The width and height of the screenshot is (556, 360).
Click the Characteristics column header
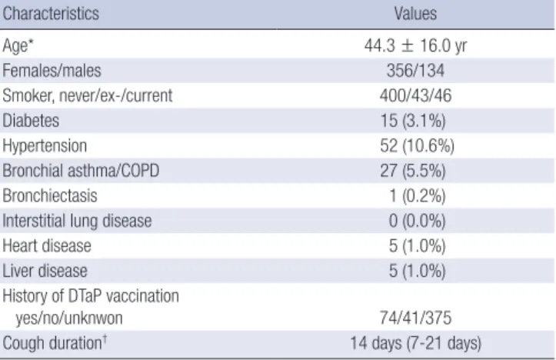pyautogui.click(x=51, y=14)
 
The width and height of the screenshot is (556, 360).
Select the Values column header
pyautogui.click(x=415, y=14)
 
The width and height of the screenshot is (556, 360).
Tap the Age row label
pyautogui.click(x=18, y=45)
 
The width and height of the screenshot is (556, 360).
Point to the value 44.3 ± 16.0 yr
pyautogui.click(x=415, y=45)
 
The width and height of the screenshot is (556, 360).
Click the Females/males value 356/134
pyautogui.click(x=415, y=70)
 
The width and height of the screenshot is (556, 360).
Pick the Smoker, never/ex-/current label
pyautogui.click(x=87, y=95)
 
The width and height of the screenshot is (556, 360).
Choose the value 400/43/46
pyautogui.click(x=415, y=95)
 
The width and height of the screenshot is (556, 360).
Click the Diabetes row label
pyautogui.click(x=31, y=121)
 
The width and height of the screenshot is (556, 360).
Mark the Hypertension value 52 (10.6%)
pyautogui.click(x=417, y=146)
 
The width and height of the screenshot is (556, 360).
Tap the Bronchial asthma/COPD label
pyautogui.click(x=81, y=171)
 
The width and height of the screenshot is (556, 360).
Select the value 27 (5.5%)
pyautogui.click(x=413, y=171)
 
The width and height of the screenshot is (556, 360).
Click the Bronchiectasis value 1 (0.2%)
pyautogui.click(x=417, y=196)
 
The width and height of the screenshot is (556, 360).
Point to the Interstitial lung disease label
pyautogui.click(x=77, y=221)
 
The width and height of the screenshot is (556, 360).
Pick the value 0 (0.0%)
pyautogui.click(x=417, y=221)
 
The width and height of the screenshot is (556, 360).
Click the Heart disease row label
pyautogui.click(x=47, y=246)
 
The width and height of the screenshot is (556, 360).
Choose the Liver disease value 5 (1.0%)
pyautogui.click(x=417, y=271)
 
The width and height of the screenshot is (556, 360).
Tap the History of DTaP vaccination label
pyautogui.click(x=91, y=296)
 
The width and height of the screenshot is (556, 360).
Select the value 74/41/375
pyautogui.click(x=415, y=318)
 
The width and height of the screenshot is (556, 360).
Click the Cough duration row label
pyautogui.click(x=55, y=343)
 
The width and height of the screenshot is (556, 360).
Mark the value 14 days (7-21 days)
pyautogui.click(x=415, y=343)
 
